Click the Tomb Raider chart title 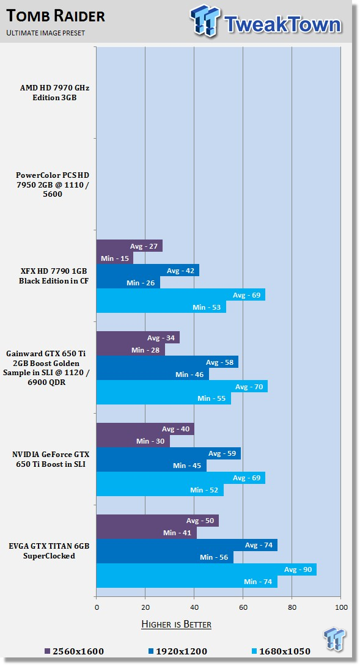pos(56,16)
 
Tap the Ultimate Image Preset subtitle pos(45,33)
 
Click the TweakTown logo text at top pos(282,24)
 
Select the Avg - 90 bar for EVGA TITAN pos(207,569)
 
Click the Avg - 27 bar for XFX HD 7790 pos(129,246)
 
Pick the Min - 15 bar pos(115,258)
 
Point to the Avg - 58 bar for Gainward pos(167,362)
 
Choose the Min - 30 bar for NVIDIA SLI pos(133,441)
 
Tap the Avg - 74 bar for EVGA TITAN pos(187,545)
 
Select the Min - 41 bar pos(147,533)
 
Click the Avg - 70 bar pos(182,386)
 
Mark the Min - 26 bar pos(128,282)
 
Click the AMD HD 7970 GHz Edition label pos(54,93)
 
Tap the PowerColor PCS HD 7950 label pos(53,185)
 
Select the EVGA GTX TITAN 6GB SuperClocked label pos(49,551)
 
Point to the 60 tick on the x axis pos(243,607)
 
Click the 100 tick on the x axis pos(341,607)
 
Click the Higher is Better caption pos(176,624)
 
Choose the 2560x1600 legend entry pos(74,651)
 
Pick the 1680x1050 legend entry pos(281,651)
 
